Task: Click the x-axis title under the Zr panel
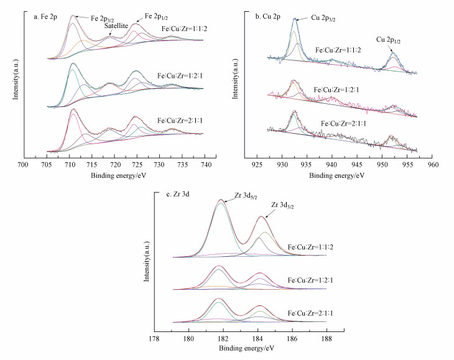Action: click(249, 349)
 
